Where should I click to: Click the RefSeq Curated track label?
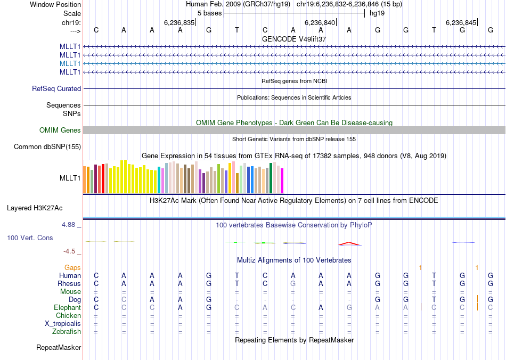click(x=56, y=89)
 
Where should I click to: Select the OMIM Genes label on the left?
click(x=60, y=130)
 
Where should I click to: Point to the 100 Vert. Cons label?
click(x=30, y=238)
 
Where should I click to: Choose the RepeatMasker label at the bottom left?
click(x=59, y=348)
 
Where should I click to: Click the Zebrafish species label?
click(x=67, y=332)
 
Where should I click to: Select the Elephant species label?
click(x=67, y=308)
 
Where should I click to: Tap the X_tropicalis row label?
click(x=63, y=324)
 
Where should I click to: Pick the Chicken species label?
click(x=68, y=316)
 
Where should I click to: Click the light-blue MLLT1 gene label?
click(x=70, y=63)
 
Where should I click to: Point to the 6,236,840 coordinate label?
click(x=320, y=22)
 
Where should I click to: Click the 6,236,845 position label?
click(x=461, y=22)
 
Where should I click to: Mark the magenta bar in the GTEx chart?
click(x=282, y=181)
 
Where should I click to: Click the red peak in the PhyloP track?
click(x=349, y=243)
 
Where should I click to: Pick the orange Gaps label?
click(x=73, y=267)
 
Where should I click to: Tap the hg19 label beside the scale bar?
click(x=377, y=13)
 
